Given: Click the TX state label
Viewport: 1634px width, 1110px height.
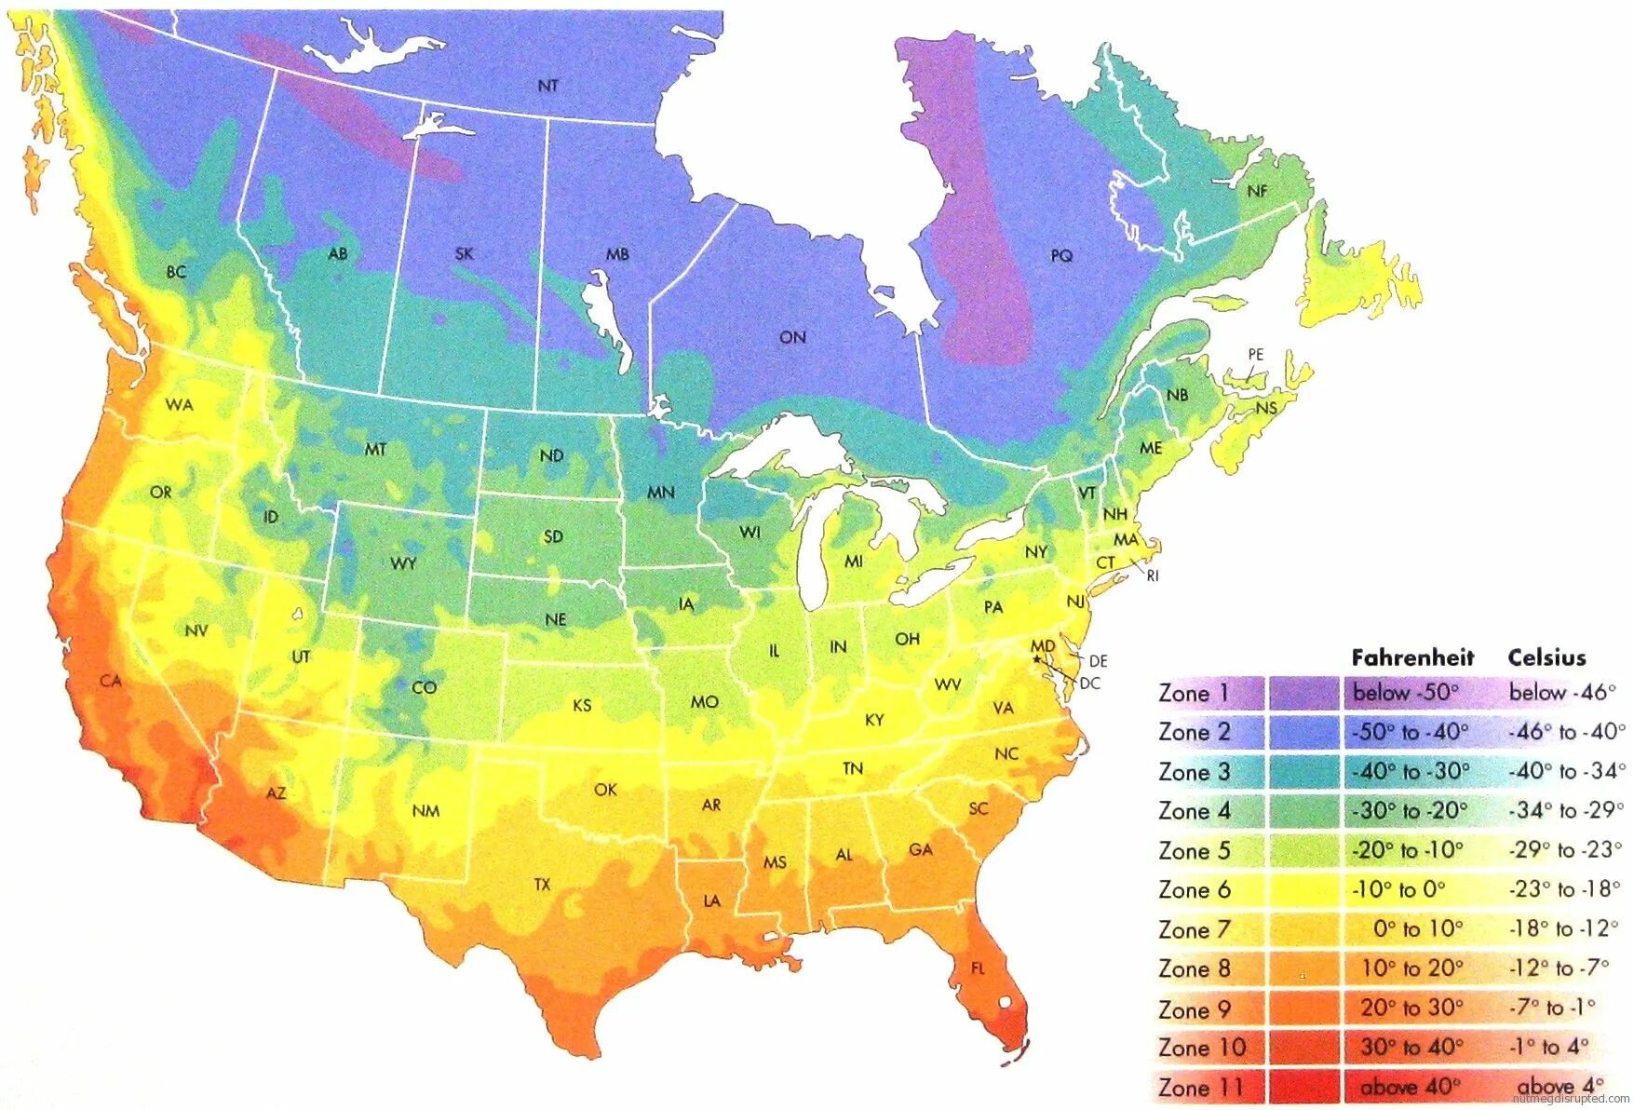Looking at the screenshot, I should point(542,885).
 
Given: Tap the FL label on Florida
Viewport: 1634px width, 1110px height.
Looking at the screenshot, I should point(978,968).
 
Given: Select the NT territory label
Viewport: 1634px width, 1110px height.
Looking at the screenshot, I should point(548,86).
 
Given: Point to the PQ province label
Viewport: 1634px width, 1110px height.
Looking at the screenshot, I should point(1061,255).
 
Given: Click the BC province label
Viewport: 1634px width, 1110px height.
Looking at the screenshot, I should point(176,272).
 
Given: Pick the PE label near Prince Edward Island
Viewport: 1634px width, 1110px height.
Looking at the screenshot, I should point(1256,355).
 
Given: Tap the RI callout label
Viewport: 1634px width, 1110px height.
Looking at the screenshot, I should point(1153,576).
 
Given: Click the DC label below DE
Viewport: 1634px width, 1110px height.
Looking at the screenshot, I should point(1090,684).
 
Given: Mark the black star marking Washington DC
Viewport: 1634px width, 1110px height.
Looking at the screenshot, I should point(1037,658).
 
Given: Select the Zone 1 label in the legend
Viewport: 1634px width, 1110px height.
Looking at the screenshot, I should point(1194,693).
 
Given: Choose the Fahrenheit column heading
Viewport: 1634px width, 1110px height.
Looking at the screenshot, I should point(1412,657).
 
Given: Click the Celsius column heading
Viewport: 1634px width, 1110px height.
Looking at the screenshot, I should point(1546,657).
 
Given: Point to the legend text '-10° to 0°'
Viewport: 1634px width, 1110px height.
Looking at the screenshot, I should point(1398,889).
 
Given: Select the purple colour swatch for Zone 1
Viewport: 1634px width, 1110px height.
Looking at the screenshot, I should point(1303,693).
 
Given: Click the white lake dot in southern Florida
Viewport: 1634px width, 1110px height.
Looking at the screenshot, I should point(1006,1003).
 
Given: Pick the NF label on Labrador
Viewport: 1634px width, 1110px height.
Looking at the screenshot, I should point(1257,191).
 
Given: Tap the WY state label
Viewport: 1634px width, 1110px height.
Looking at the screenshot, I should point(403,563).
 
